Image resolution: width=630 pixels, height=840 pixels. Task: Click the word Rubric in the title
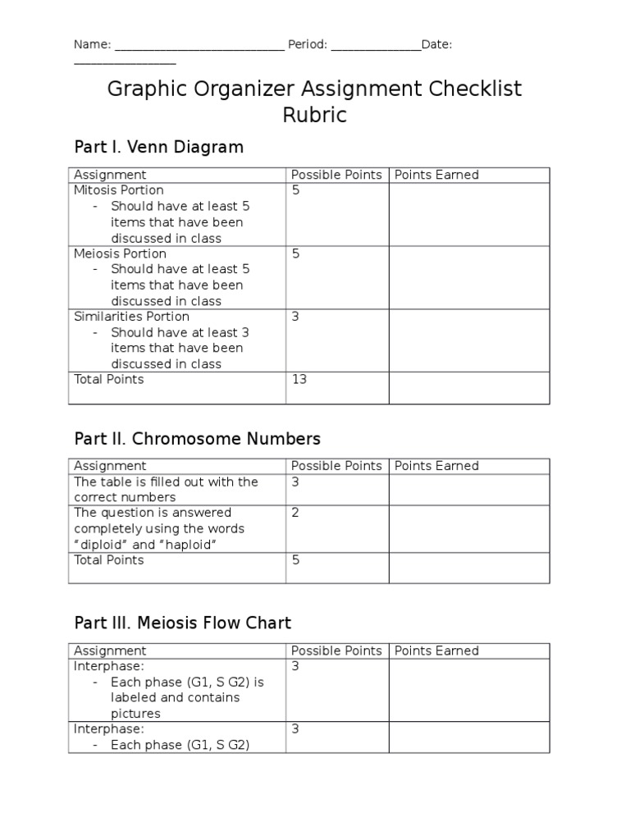(314, 116)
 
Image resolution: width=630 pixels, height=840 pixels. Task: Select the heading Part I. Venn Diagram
(159, 148)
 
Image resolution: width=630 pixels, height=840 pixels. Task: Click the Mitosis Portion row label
(120, 190)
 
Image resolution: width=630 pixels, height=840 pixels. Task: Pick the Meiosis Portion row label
(120, 253)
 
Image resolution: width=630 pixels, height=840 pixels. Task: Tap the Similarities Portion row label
(131, 317)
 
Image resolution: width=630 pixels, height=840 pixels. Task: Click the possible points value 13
(299, 380)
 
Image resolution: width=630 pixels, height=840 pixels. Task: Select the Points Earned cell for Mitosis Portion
(468, 213)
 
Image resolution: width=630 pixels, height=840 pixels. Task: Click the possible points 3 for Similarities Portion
(295, 317)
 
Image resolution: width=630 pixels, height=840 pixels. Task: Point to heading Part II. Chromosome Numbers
(197, 439)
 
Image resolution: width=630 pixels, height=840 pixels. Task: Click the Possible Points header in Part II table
(336, 466)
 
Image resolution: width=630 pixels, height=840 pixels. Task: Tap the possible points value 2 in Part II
(295, 513)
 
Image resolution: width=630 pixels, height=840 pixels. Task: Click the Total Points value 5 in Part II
(295, 560)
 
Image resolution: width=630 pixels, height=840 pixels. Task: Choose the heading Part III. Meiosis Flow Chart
(182, 623)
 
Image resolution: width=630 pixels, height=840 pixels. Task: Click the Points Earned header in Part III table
(436, 651)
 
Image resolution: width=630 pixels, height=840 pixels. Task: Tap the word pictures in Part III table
(135, 714)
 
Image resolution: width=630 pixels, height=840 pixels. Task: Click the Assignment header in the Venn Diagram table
(110, 175)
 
